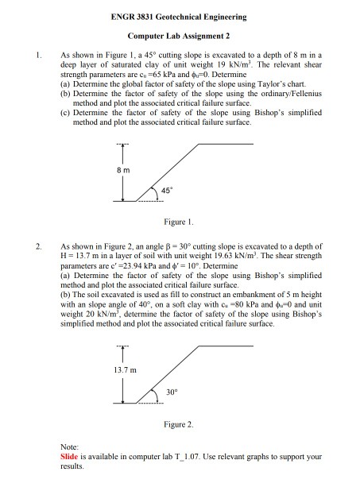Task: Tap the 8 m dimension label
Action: pos(117,170)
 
